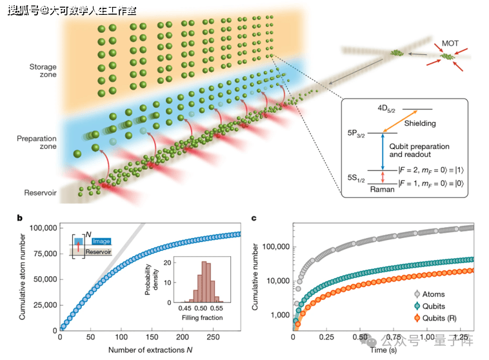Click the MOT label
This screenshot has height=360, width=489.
tap(450, 43)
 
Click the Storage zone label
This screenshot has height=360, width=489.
tap(43, 70)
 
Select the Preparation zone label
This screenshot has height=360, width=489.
tap(37, 142)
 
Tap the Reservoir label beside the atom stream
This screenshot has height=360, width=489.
tap(40, 193)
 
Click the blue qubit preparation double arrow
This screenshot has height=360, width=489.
tap(383, 152)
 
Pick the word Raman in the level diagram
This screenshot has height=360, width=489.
tap(382, 190)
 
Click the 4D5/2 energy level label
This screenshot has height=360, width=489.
tap(386, 108)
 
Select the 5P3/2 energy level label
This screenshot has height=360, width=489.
tap(356, 134)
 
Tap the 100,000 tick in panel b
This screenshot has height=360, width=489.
tap(43, 228)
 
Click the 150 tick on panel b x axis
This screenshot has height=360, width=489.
tap(152, 337)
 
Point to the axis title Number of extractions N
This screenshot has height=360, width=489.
tap(150, 350)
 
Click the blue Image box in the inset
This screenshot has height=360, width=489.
tap(101, 241)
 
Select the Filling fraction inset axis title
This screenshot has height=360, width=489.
tap(202, 317)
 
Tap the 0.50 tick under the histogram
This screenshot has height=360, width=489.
tap(201, 308)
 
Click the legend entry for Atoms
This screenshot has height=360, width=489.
tap(430, 294)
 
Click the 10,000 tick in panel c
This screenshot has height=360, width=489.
tap(278, 281)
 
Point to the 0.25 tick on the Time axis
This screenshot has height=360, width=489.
tap(326, 337)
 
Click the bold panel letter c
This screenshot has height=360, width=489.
tap(254, 218)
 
